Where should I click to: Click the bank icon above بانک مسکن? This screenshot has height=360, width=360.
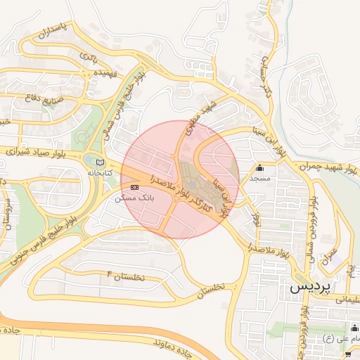[x=134, y=186]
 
